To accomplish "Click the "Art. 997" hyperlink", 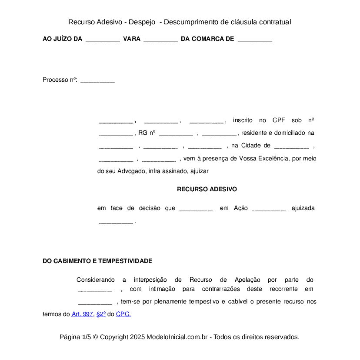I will pos(82,314).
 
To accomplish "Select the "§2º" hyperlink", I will pos(101,314).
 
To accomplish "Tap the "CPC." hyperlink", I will pos(123,314).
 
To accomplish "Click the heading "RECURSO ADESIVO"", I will pos(207,189).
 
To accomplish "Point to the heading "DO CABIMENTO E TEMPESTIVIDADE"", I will pos(97,261).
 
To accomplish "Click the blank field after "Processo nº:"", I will pos(97,80).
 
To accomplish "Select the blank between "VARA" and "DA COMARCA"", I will pos(160,40).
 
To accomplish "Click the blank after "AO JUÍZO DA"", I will pos(103,40).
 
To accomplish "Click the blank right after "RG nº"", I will pos(176,133).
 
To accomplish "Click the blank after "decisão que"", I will pos(196,209).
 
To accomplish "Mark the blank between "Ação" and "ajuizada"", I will pos(269,209).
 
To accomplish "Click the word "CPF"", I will pos(279,120).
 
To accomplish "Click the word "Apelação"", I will pos(247,280).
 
